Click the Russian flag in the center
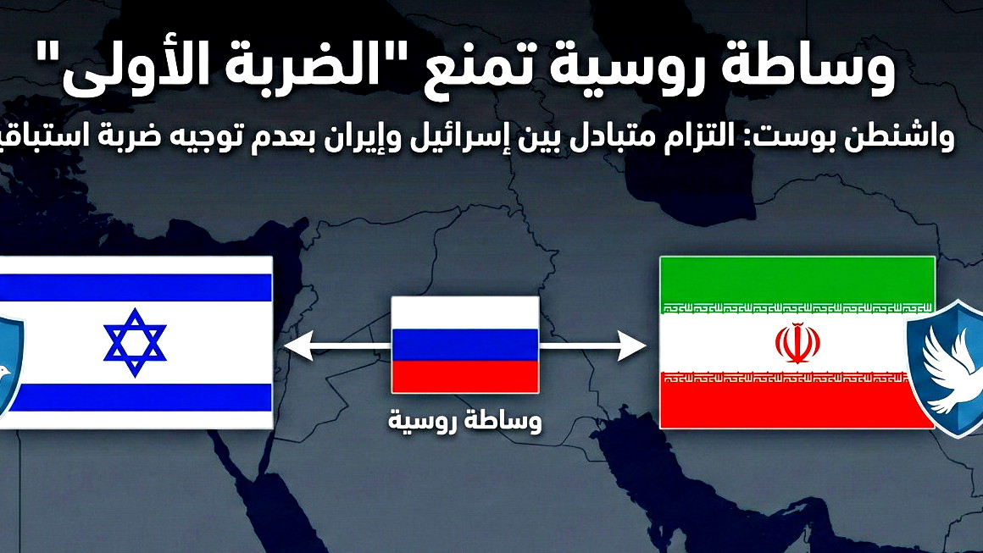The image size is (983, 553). pyautogui.click(x=464, y=344)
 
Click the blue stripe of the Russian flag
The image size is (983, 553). pyautogui.click(x=464, y=345)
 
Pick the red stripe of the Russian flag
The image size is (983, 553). pyautogui.click(x=464, y=376)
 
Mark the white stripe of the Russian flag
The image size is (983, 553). pyautogui.click(x=464, y=312)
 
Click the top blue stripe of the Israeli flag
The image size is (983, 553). pyautogui.click(x=136, y=287)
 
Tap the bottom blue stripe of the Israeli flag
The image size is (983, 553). pyautogui.click(x=136, y=396)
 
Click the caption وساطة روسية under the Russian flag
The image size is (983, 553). pyautogui.click(x=464, y=419)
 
